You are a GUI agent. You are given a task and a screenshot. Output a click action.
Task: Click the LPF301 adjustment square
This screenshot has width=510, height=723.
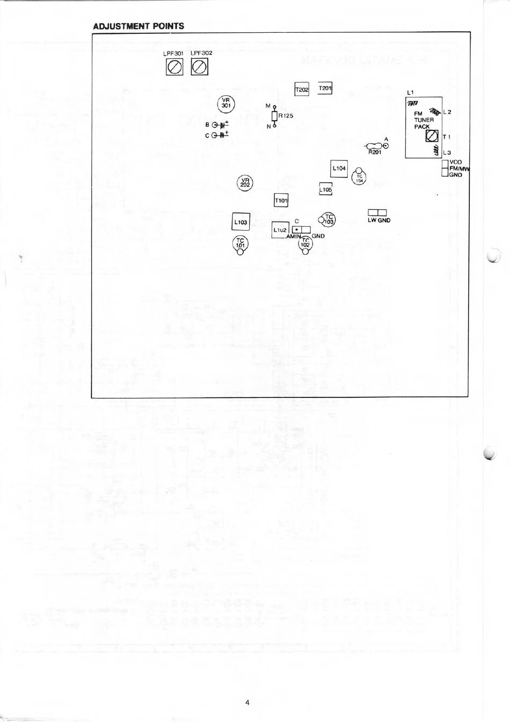tap(174, 67)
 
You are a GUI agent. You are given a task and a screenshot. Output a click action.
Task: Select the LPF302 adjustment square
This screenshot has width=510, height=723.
tap(200, 67)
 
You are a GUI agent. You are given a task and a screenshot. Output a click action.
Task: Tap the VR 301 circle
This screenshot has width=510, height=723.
tap(225, 103)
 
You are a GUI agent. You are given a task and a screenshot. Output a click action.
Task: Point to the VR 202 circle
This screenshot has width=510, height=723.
tap(245, 183)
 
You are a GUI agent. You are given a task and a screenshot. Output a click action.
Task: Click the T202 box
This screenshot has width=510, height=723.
tap(302, 90)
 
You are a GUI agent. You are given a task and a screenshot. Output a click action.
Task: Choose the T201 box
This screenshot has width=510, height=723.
tap(325, 88)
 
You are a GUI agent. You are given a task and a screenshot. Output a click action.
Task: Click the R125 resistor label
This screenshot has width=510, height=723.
tap(286, 115)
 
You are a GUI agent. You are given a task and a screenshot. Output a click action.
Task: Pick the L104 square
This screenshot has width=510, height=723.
tap(339, 168)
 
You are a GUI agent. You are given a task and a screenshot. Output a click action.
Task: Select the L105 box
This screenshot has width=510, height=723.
tap(325, 190)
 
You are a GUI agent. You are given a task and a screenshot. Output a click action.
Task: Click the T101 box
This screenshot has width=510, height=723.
tap(281, 201)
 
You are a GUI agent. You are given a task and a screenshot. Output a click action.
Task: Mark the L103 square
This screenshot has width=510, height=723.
tap(241, 222)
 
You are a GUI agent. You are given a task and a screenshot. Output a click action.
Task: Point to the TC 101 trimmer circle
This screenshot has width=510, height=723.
tap(240, 244)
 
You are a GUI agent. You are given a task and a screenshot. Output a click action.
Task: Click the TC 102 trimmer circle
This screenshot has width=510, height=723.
tap(305, 243)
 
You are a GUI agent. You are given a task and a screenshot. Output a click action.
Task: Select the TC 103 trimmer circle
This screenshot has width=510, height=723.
tap(329, 219)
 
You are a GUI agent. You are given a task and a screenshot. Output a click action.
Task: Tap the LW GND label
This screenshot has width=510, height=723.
tap(378, 220)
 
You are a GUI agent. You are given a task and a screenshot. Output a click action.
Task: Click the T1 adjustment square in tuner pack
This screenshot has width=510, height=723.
tap(432, 137)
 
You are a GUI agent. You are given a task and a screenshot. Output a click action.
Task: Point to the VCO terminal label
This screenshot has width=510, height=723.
tap(455, 162)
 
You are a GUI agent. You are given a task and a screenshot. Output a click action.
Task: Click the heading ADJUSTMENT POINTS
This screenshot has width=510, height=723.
tap(139, 26)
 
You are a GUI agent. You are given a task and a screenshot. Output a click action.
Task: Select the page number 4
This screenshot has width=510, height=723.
tap(247, 702)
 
